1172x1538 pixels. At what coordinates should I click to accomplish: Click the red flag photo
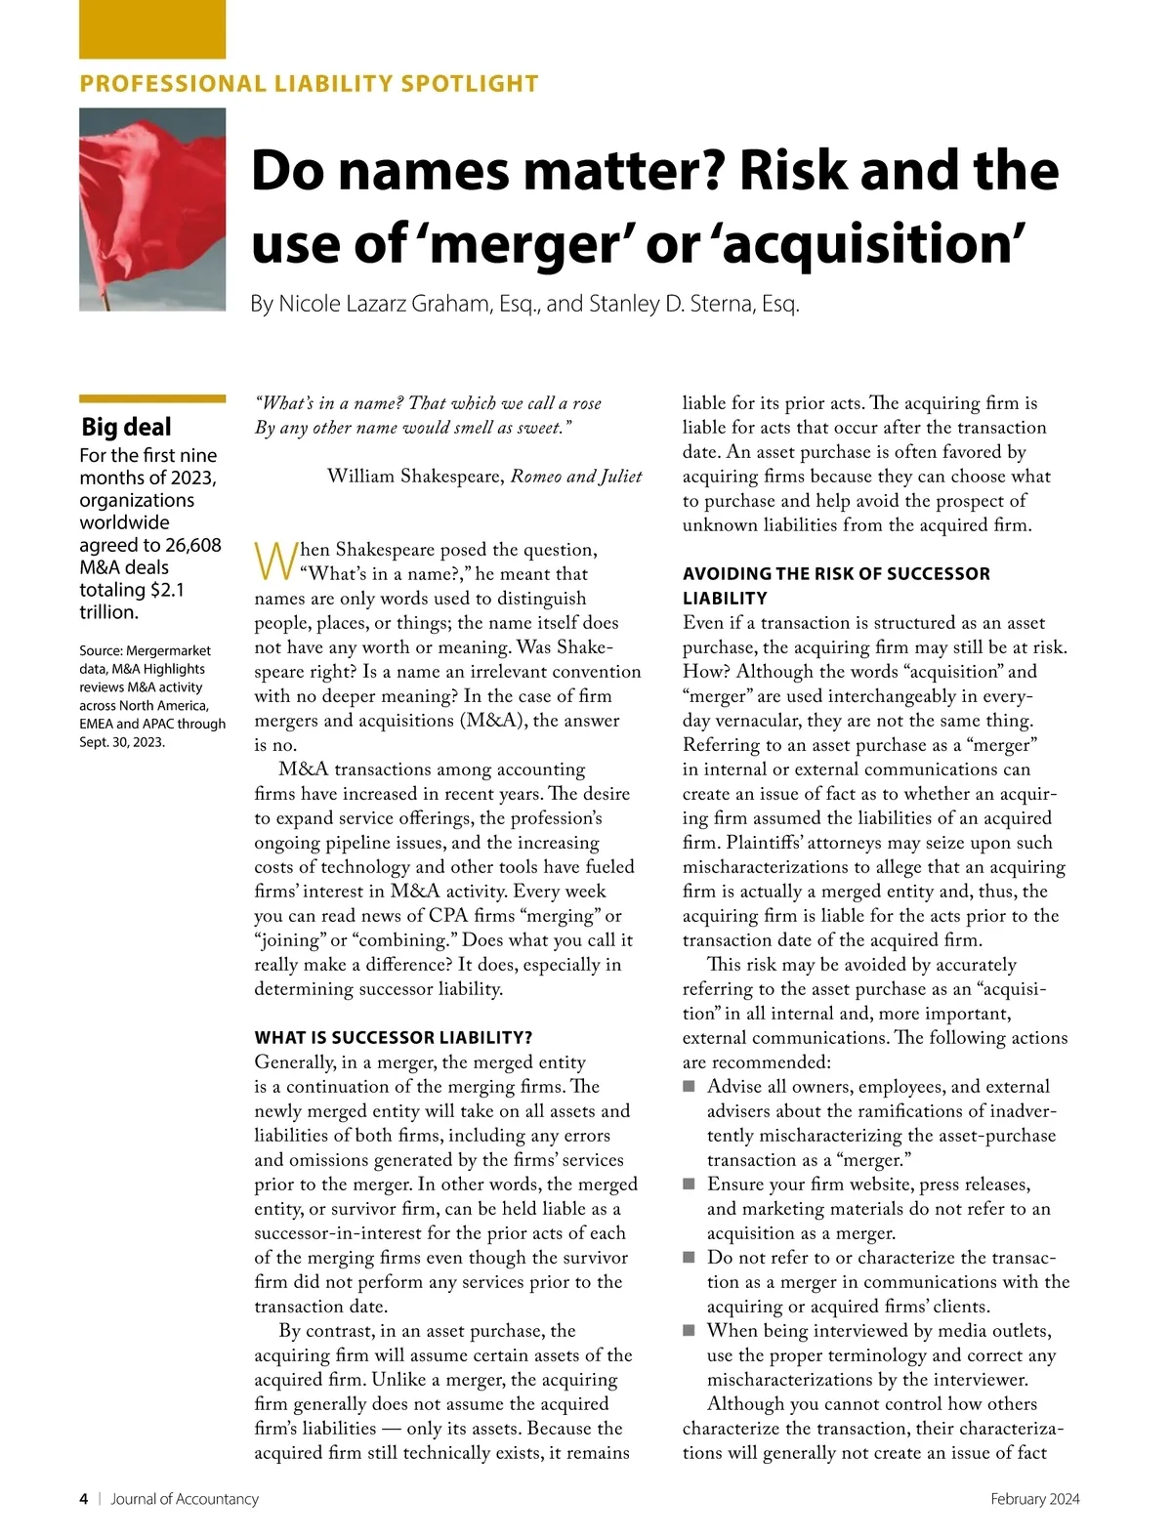point(151,209)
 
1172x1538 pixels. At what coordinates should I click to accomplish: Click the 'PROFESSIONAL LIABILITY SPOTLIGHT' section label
point(309,84)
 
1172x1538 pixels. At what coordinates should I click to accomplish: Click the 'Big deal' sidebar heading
point(126,427)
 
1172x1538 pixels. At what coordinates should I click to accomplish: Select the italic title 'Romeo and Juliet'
point(576,477)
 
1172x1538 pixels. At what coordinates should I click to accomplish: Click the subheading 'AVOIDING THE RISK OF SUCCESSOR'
point(836,573)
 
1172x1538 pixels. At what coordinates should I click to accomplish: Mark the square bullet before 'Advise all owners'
point(690,1087)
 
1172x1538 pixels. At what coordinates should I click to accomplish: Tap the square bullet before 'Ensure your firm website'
point(690,1185)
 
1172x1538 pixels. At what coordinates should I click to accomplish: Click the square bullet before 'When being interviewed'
point(690,1331)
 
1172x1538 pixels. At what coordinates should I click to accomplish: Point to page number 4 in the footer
point(84,1499)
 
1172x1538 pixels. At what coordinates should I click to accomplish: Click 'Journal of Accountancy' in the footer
point(185,1499)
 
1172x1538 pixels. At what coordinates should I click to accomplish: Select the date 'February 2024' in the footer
point(1034,1499)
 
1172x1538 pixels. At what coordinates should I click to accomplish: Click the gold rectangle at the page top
point(151,29)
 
